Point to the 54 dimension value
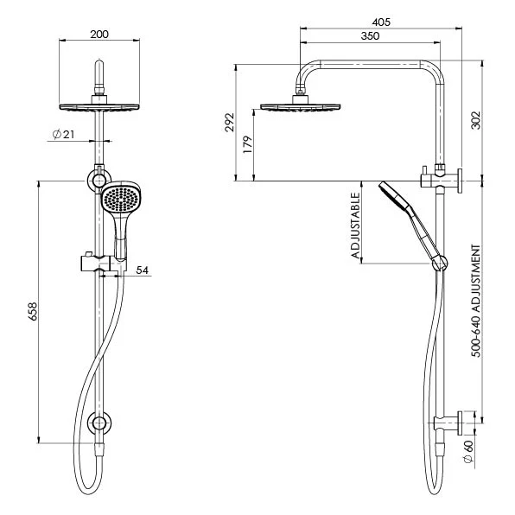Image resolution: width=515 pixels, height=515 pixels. (143, 270)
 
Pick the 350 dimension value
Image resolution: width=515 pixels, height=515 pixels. (370, 37)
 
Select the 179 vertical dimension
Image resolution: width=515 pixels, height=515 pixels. (248, 144)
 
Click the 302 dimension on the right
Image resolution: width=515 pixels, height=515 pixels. (475, 120)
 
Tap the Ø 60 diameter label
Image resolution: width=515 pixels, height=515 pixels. (468, 451)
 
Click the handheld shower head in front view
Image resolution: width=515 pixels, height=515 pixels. (119, 201)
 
